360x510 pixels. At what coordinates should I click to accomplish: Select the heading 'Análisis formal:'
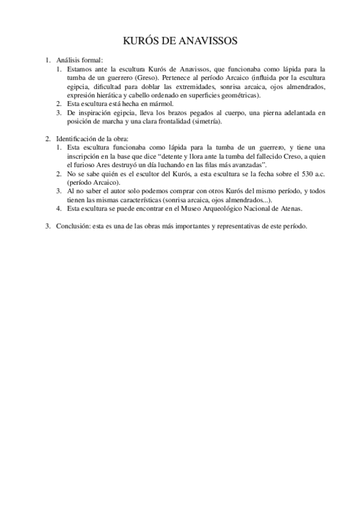tap(80, 60)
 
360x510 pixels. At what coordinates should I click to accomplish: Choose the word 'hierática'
tap(108, 95)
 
